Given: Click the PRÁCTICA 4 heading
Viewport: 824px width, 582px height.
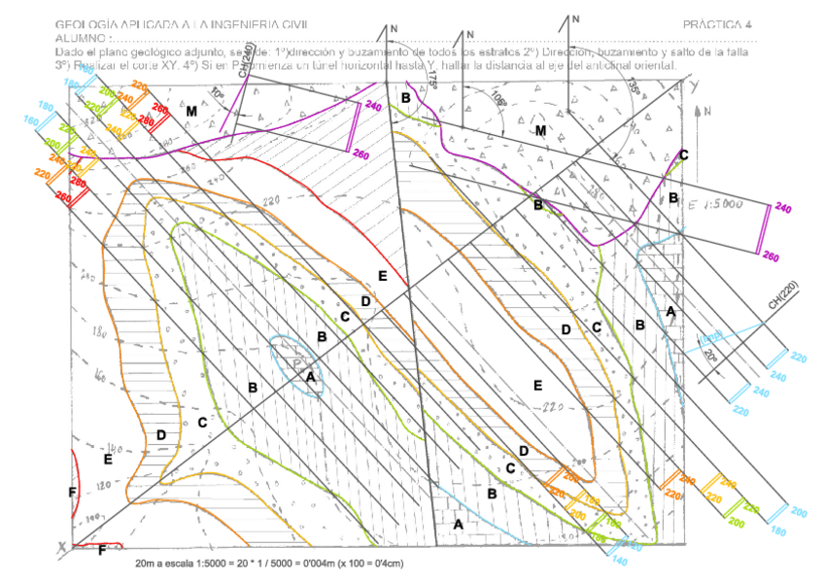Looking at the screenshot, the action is pyautogui.click(x=717, y=23).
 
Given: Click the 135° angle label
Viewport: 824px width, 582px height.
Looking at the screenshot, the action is pyautogui.click(x=635, y=88).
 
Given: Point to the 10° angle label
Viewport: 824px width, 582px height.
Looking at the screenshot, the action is pyautogui.click(x=216, y=93).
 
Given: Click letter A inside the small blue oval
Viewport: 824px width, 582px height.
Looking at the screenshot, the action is pyautogui.click(x=310, y=376).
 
